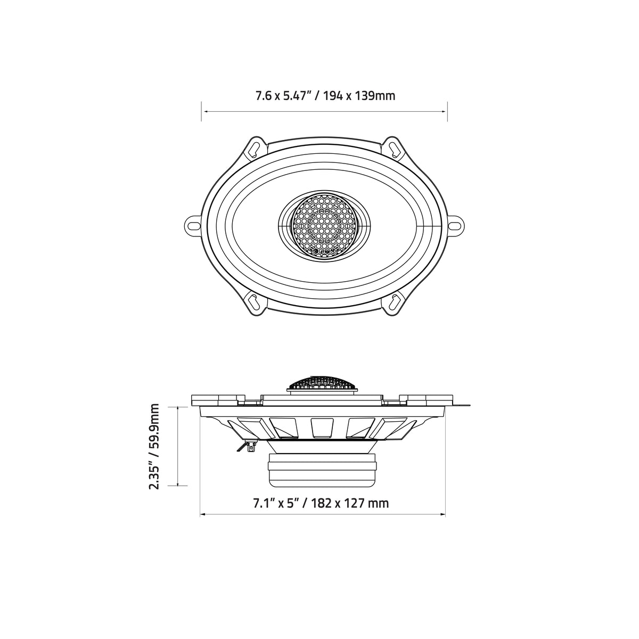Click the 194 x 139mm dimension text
[359, 96]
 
